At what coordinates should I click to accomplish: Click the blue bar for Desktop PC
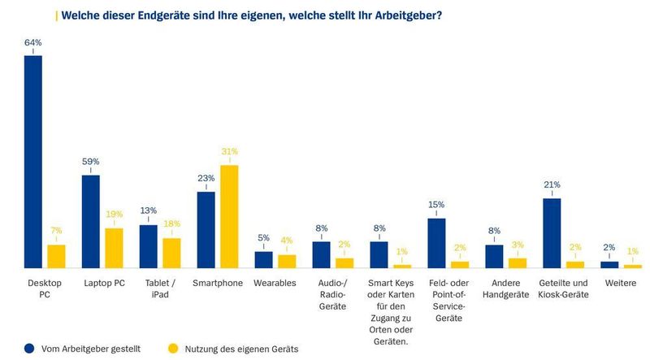click(33, 162)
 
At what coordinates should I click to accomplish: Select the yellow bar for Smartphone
click(230, 216)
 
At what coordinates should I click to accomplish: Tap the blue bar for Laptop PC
click(91, 221)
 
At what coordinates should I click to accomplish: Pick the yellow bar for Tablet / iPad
click(171, 253)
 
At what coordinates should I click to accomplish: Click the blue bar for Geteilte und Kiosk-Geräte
click(552, 233)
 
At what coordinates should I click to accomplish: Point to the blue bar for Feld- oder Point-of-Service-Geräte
click(436, 243)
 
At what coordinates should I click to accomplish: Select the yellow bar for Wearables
click(287, 261)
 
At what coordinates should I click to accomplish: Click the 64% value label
click(33, 42)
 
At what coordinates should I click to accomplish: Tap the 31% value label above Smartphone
click(230, 152)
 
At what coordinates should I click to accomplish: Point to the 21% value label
click(552, 184)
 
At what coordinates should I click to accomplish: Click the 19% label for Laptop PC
click(114, 215)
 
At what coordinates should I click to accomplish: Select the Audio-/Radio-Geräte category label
click(333, 294)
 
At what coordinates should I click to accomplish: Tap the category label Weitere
click(621, 283)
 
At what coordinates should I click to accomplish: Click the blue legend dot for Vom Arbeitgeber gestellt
click(29, 349)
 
